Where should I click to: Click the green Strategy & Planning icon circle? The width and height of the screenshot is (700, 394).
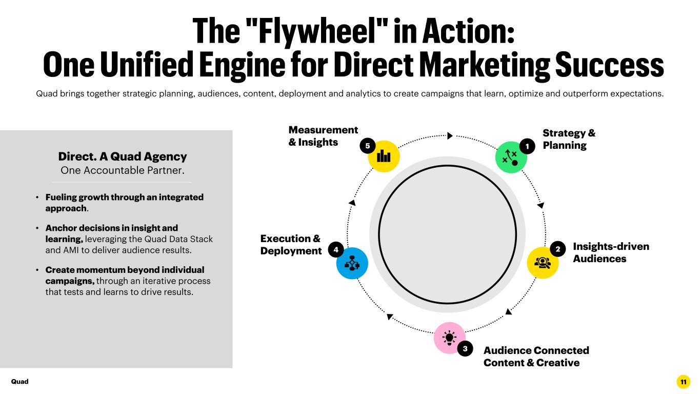coord(511,157)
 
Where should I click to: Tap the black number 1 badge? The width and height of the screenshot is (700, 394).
coord(527,146)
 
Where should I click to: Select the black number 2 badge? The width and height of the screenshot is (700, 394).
coord(558,249)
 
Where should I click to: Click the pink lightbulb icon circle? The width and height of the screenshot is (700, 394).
coord(449,338)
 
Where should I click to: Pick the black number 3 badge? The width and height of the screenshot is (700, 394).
coord(465,348)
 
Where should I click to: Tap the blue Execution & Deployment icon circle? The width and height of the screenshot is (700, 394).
coord(352,263)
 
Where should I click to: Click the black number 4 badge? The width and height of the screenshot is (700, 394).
coord(336,249)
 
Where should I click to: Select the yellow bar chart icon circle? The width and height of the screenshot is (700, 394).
coord(384,156)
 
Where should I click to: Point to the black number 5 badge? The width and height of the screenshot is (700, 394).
coord(368,146)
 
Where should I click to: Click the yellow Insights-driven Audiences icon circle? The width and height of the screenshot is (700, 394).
coord(543,263)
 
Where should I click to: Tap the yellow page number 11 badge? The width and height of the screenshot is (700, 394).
coord(684,382)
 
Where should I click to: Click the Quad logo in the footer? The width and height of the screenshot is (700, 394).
coord(19,382)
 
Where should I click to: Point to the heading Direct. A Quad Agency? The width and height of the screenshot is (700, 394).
coord(123,156)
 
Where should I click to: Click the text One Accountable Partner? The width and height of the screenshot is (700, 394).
coord(123,170)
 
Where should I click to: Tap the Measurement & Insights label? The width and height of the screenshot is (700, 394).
coord(323,136)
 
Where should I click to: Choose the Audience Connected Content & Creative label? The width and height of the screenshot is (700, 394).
coord(536,357)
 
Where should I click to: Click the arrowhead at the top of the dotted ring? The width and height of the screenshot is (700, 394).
coord(450,136)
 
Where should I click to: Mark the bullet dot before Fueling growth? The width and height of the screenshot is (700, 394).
coord(37,198)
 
